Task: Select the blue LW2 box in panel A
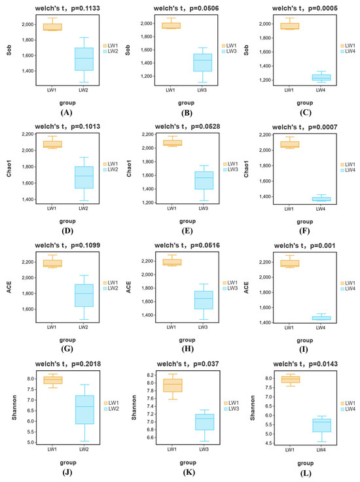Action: pyautogui.click(x=84, y=59)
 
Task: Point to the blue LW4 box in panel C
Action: pyautogui.click(x=321, y=77)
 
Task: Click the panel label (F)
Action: pyautogui.click(x=304, y=231)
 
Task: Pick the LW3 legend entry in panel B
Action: pyautogui.click(x=229, y=51)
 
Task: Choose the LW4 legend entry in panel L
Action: pyautogui.click(x=348, y=409)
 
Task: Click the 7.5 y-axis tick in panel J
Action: pyautogui.click(x=30, y=389)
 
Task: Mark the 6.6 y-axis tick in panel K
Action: pyautogui.click(x=151, y=438)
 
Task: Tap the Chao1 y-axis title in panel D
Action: pyautogui.click(x=9, y=168)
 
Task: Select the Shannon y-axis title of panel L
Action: pyautogui.click(x=253, y=407)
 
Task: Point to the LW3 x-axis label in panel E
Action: pyautogui.click(x=203, y=208)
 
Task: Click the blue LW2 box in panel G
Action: pyautogui.click(x=84, y=296)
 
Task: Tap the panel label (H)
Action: pyautogui.click(x=187, y=349)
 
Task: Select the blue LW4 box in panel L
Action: pyautogui.click(x=322, y=425)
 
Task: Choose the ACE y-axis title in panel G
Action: pyautogui.click(x=9, y=287)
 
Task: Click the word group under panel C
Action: pyautogui.click(x=304, y=103)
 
